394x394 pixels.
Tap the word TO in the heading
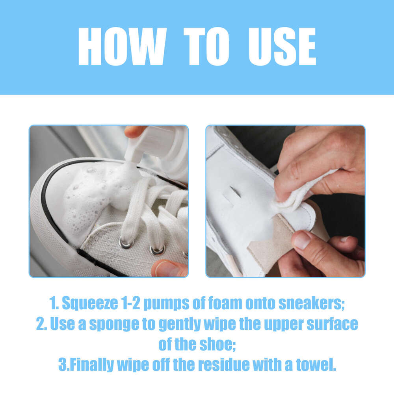206,46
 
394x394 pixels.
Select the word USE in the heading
282,46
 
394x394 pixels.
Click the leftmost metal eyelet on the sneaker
126,243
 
